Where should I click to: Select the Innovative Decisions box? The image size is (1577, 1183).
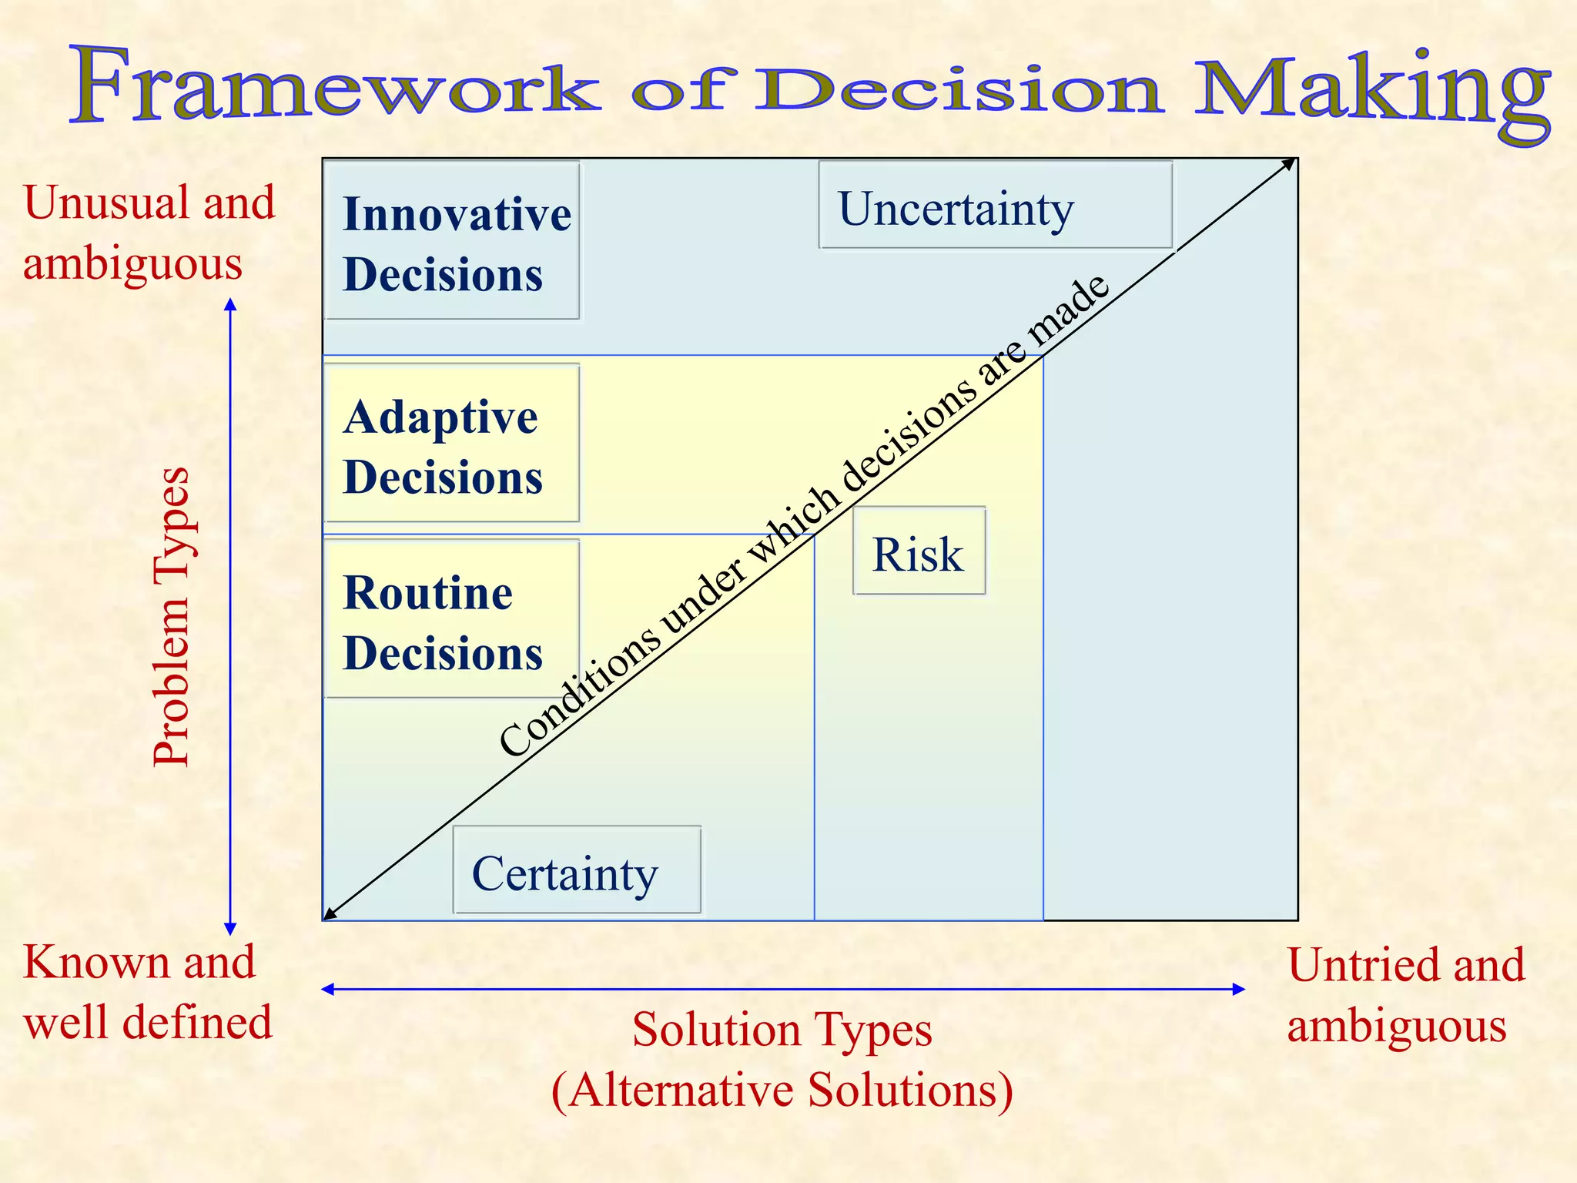452,241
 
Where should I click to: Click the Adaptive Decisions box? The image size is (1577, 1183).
452,444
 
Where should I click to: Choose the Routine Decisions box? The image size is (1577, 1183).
452,619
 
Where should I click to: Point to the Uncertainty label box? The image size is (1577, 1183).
995,206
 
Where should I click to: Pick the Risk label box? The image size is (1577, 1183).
919,551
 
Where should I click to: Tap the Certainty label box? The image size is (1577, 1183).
577,871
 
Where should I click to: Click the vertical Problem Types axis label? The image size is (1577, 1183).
171,616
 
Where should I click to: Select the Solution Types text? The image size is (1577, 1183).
782,1031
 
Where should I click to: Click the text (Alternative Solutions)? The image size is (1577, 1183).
782,1091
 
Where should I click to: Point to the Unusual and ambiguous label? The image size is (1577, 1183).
149,233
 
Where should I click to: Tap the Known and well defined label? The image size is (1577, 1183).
147,992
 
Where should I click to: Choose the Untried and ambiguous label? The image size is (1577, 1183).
1405,994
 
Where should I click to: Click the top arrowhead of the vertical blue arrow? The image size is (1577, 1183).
230,304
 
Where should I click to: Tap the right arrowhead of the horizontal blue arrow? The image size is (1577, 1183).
1239,990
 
